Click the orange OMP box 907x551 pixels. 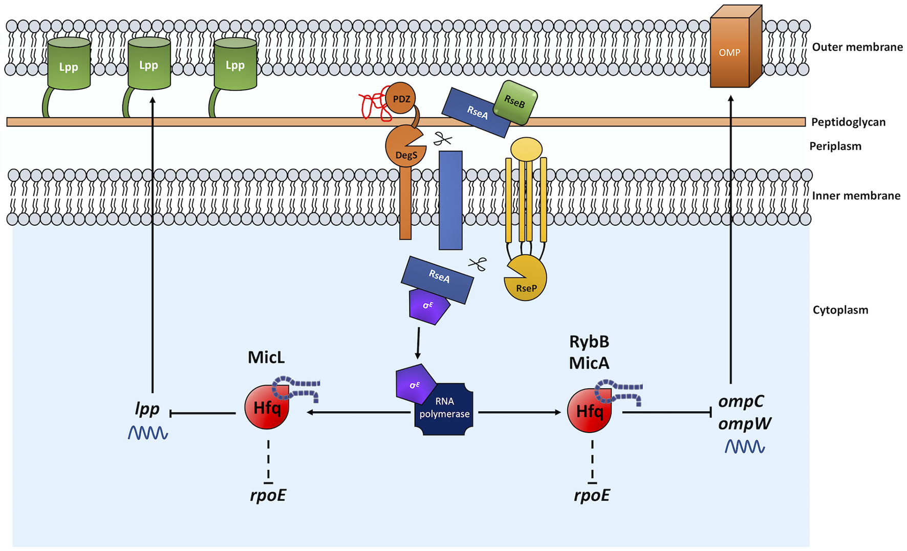(730, 53)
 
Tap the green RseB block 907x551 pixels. (515, 102)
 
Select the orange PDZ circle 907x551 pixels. (401, 98)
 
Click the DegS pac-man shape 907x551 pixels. (404, 149)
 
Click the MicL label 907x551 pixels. (266, 357)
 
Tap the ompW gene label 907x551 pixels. (744, 424)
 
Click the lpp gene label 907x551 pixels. (147, 409)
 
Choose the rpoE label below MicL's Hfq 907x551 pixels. (268, 495)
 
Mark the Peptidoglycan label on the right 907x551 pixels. (848, 122)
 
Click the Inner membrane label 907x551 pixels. (856, 196)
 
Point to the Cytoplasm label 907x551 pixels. (840, 310)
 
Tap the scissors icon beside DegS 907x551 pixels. (443, 139)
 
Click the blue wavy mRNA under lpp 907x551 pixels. (148, 433)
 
